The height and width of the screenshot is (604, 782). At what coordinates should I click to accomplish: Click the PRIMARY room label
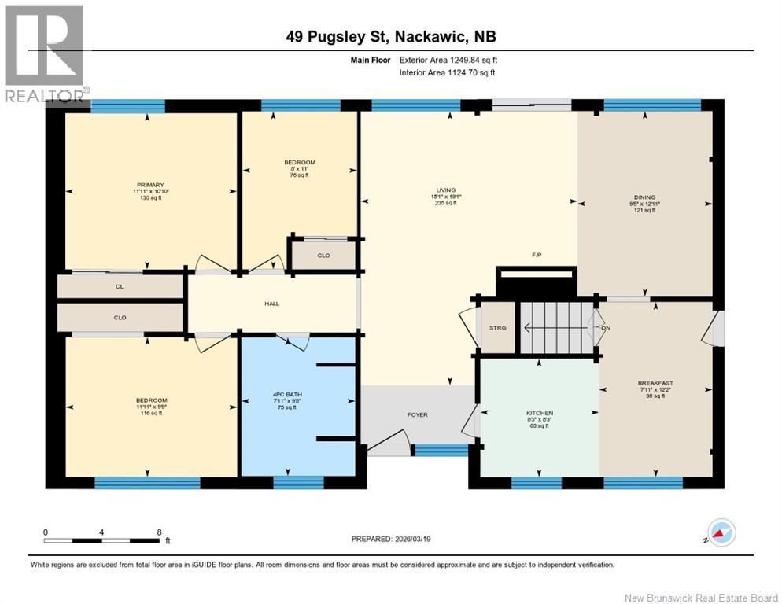point(148,185)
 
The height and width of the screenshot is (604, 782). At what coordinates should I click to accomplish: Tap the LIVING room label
point(445,190)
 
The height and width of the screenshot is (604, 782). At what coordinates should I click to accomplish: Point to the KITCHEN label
point(540,413)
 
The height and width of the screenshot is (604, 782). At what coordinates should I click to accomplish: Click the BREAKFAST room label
point(655,383)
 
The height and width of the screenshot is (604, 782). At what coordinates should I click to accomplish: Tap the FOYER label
point(417,414)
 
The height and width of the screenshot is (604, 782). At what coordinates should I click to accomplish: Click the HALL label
point(272,304)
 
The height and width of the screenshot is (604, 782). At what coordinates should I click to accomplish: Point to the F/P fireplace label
point(535,255)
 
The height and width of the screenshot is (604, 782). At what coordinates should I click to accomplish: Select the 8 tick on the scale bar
point(160,532)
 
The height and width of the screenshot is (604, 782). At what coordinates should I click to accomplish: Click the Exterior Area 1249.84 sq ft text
point(448,60)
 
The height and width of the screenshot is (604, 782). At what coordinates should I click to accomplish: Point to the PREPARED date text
point(391,539)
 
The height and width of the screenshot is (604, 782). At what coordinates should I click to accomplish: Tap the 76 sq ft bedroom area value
point(300,175)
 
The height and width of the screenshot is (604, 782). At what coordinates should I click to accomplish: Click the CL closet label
point(120,287)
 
